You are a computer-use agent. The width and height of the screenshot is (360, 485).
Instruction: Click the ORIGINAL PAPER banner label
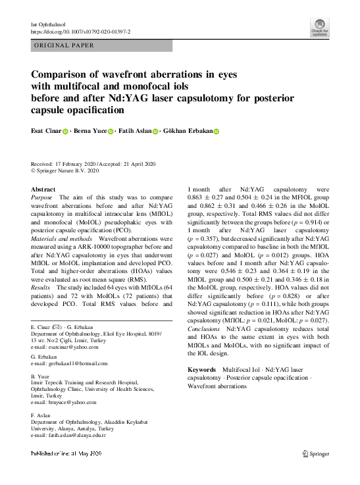pos(63,45)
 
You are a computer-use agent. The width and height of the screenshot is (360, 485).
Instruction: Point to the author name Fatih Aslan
pos(135,131)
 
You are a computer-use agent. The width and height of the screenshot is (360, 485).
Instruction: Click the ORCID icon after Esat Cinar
pos(66,132)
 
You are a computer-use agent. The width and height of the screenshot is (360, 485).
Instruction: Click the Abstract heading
pos(43,189)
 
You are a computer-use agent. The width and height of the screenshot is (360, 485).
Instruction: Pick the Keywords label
pos(203,370)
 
